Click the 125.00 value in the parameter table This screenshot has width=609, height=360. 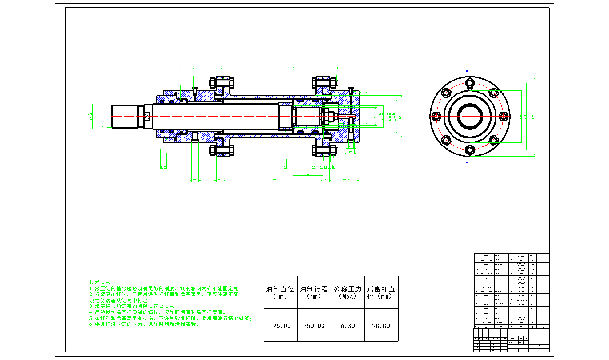click(280, 326)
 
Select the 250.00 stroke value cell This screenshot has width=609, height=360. click(314, 326)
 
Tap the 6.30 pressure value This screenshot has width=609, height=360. click(348, 326)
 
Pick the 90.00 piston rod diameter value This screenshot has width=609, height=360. click(381, 326)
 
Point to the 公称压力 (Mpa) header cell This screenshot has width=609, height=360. click(348, 292)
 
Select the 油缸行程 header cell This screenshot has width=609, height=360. click(314, 292)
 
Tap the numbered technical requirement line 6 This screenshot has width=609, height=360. click(144, 324)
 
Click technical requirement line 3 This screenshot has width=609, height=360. click(133, 307)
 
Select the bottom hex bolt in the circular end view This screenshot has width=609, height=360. click(470, 150)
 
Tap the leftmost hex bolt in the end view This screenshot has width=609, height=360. click(436, 116)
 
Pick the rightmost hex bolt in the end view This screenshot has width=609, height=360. click(504, 116)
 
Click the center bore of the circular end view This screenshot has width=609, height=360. click(470, 117)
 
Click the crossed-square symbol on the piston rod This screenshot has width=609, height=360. click(148, 116)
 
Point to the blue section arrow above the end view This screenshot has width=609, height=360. click(468, 71)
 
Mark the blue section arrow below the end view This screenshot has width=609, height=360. click(467, 162)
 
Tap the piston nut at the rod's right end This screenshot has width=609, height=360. click(326, 117)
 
